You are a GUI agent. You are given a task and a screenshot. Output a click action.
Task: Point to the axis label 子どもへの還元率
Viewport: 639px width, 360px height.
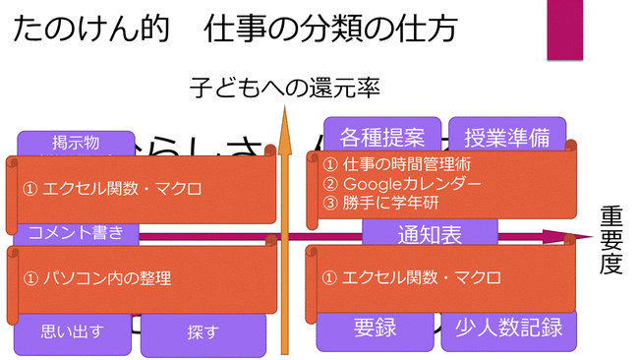285,90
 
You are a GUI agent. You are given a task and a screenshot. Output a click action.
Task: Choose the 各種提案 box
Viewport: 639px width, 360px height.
382,135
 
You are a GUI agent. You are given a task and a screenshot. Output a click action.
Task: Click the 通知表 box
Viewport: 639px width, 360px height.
430,234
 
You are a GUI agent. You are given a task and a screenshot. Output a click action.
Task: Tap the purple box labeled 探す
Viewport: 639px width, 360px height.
203,333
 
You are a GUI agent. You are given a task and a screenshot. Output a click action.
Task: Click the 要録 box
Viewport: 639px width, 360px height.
375,328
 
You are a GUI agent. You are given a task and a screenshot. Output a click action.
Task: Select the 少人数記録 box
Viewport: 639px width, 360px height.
501,328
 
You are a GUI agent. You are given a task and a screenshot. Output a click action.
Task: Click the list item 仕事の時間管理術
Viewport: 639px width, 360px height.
403,165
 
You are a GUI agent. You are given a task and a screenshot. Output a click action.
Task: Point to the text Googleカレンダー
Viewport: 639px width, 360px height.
410,184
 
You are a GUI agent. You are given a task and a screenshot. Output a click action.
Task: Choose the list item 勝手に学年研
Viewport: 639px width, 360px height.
388,204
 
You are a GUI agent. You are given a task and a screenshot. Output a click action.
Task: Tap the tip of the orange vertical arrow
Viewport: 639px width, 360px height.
285,109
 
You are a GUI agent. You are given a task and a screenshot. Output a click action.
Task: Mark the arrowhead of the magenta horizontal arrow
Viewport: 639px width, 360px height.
588,237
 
